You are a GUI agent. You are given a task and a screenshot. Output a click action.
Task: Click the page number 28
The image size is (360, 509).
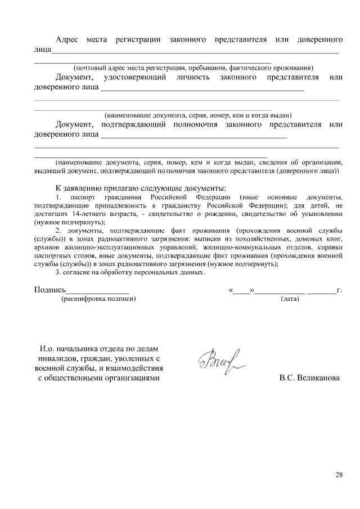339,474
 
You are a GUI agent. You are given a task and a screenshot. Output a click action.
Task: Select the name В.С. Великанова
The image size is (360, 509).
309,378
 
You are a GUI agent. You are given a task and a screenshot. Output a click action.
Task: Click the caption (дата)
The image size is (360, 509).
290,299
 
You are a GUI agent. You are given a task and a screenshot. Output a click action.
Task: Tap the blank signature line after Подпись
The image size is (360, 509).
98,291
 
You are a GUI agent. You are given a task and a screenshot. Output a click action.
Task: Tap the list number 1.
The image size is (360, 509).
59,198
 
